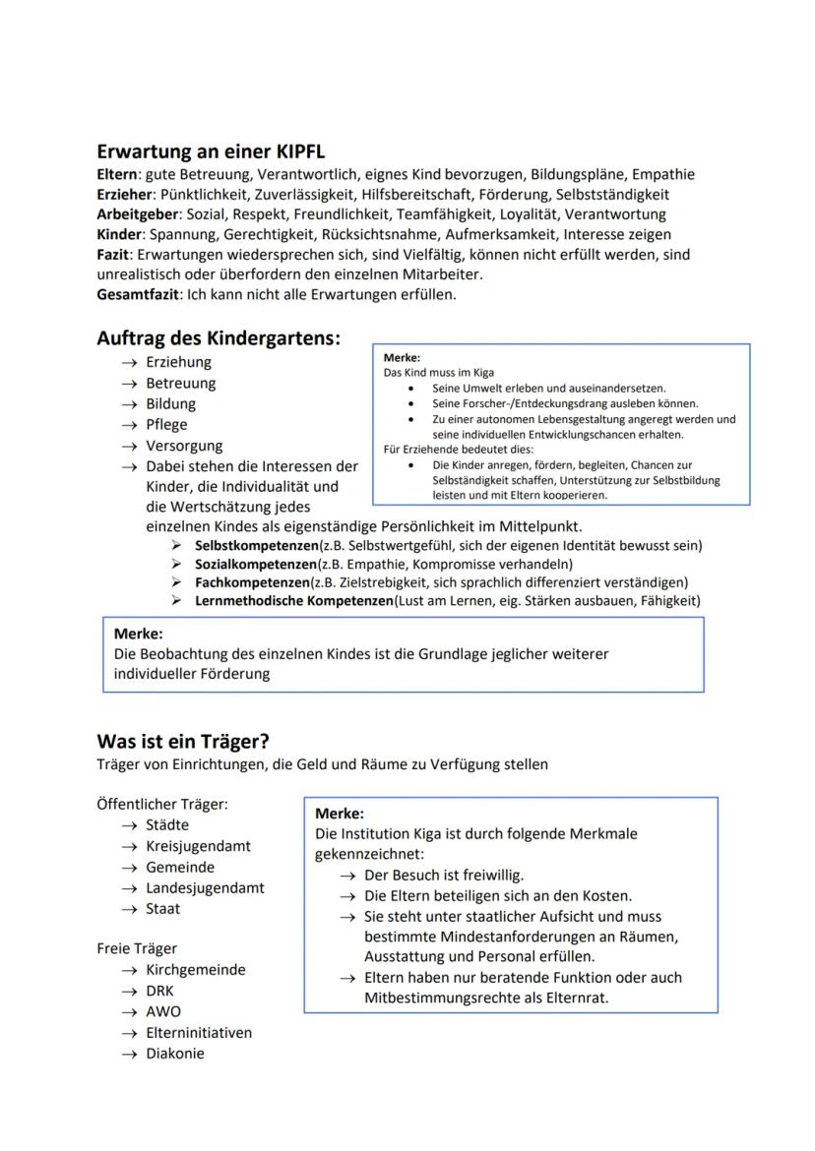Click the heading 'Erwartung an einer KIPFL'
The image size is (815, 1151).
pos(211,151)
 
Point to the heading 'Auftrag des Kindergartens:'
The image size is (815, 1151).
pos(219,338)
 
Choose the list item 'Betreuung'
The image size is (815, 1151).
pos(181,383)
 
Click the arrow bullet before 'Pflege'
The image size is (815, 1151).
pos(129,425)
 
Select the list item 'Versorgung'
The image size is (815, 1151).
pos(184,446)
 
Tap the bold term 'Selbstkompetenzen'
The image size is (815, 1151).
pos(255,545)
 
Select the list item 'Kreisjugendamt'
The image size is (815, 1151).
pos(198,846)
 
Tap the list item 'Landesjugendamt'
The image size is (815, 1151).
pos(205,887)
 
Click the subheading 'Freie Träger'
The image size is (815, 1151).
pos(137,948)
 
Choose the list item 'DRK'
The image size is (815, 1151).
pos(159,991)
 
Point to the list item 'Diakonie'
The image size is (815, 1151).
pos(175,1053)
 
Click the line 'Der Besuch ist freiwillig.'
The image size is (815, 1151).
pos(444,875)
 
